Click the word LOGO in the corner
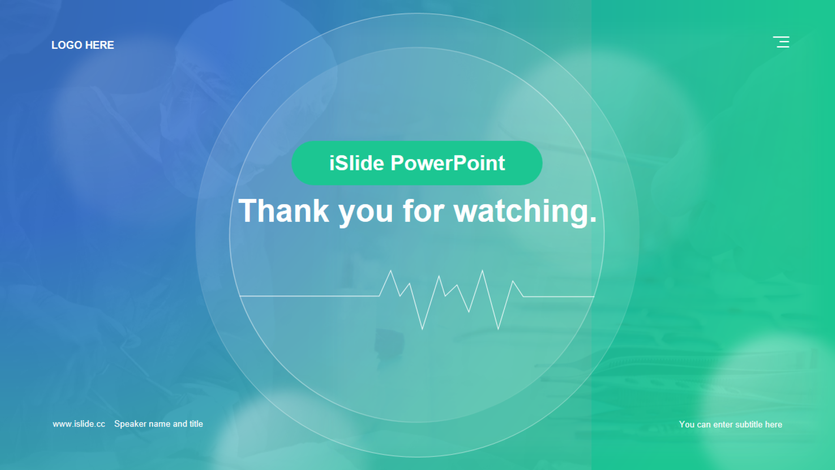pos(67,45)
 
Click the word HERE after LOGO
pos(100,45)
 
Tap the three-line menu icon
pos(781,42)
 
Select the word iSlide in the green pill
pos(357,163)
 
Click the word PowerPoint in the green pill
pos(448,163)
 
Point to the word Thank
pos(284,211)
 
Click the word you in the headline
pos(366,215)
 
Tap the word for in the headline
pos(423,211)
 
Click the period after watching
pos(593,221)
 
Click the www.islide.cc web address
pos(79,424)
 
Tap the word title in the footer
pos(196,424)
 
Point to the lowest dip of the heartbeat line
pos(422,329)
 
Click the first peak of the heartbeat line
pos(391,271)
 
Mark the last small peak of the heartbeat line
pos(513,281)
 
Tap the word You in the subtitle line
pos(687,424)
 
